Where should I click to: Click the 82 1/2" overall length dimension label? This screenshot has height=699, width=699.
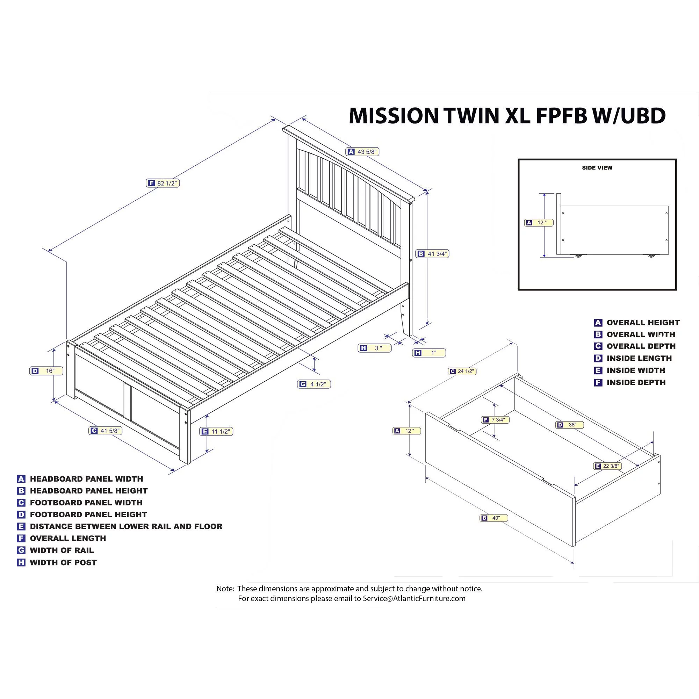click(163, 183)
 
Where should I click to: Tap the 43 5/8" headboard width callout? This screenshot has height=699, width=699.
click(362, 152)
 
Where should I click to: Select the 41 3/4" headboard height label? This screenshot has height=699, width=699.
click(432, 254)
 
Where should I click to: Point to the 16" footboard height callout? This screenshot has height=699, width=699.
click(46, 371)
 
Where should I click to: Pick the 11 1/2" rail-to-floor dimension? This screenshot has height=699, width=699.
click(216, 431)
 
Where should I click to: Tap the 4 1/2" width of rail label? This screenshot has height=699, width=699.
click(314, 384)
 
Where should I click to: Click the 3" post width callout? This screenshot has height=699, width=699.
click(374, 348)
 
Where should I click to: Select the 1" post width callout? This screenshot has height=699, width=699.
click(429, 353)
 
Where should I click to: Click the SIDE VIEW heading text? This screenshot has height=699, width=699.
click(597, 168)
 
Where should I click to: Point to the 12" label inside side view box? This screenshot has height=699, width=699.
click(539, 223)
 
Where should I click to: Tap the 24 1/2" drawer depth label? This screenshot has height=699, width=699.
click(462, 371)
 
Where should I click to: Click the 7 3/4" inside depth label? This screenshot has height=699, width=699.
click(495, 420)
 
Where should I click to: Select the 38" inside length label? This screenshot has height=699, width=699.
click(569, 425)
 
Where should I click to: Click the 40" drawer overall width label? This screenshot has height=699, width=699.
click(494, 518)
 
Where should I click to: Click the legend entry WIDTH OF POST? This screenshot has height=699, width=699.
click(63, 563)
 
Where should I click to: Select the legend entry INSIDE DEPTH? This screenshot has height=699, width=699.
click(636, 382)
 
